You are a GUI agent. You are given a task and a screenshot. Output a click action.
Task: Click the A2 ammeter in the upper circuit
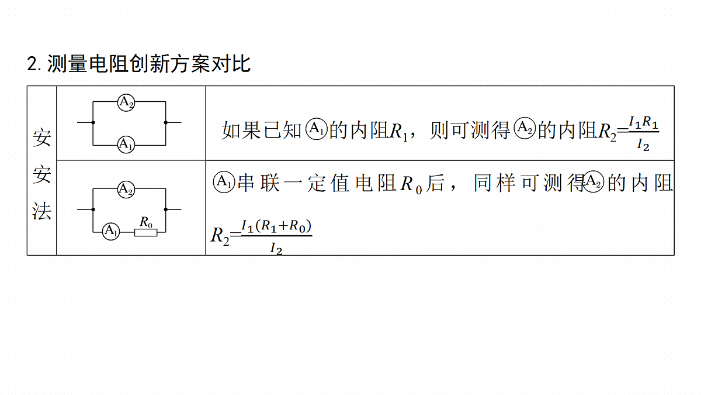tap(126, 102)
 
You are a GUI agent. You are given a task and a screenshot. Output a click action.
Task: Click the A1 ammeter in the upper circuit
tap(126, 145)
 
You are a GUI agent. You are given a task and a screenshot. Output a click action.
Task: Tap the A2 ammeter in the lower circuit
tap(126, 189)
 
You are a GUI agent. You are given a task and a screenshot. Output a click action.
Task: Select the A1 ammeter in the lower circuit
tap(111, 231)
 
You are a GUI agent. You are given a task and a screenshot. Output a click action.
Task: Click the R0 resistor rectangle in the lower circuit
tap(146, 233)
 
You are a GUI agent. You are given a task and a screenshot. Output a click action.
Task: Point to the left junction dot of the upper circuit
tap(93, 122)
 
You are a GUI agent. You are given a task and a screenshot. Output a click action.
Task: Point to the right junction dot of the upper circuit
tap(165, 122)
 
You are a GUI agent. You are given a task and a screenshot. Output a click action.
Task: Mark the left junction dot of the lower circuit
tap(93, 209)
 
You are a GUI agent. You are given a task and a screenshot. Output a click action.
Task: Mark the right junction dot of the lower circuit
tap(165, 209)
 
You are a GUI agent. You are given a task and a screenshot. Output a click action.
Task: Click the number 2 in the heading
tap(33, 64)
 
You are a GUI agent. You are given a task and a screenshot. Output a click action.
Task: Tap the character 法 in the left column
tap(41, 211)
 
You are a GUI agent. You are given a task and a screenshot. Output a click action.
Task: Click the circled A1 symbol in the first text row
tap(316, 129)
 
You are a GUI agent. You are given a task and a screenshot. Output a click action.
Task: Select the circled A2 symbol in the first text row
tap(525, 128)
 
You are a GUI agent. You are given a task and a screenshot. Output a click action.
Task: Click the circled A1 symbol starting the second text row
tap(224, 182)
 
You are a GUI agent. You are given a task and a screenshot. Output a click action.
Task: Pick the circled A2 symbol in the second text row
tap(593, 181)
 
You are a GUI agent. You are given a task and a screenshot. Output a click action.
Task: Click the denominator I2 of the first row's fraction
tap(643, 145)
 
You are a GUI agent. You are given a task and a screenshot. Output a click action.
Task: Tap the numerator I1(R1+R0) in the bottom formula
tap(276, 226)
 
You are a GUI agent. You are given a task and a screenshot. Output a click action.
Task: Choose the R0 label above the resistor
tap(146, 222)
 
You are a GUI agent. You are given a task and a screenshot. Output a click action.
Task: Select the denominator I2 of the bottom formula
tap(276, 249)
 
